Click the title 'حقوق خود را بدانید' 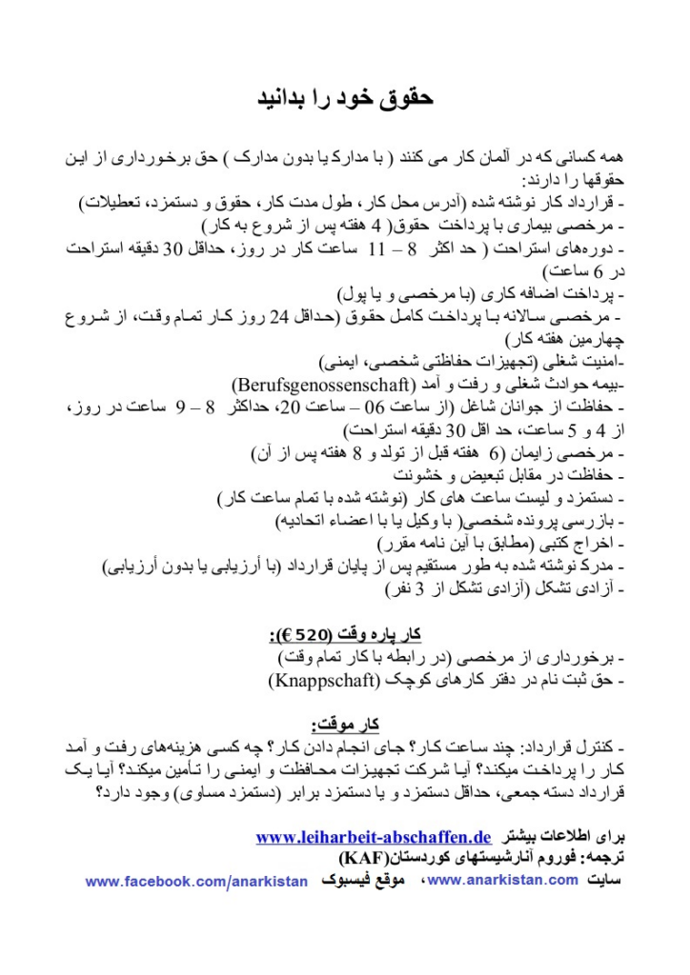coord(346,99)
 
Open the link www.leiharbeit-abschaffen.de coord(374,837)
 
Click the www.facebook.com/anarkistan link coord(196,882)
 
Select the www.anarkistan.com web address coord(503,880)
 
